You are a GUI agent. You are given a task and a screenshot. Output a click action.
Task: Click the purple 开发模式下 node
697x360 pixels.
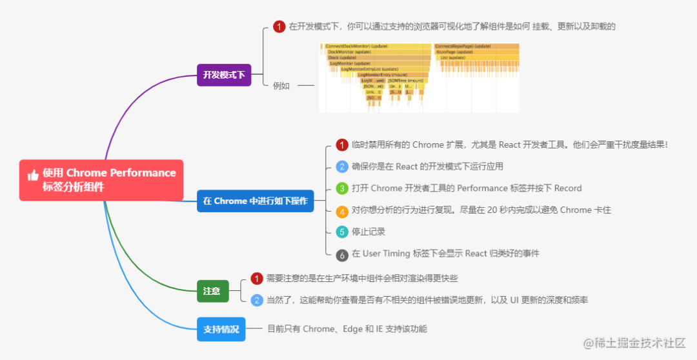tap(223, 75)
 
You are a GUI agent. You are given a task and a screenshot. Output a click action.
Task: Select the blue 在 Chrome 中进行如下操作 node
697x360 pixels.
tap(255, 201)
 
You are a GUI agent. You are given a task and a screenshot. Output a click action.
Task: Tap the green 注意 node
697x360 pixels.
tap(212, 291)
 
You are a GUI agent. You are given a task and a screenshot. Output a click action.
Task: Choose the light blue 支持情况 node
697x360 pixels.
tap(221, 329)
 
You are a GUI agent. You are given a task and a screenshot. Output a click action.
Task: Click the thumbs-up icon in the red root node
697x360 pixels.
tap(33, 175)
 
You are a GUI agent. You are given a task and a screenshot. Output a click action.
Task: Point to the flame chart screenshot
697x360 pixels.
tap(419, 77)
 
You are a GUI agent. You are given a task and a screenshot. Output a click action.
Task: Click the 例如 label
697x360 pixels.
tap(281, 85)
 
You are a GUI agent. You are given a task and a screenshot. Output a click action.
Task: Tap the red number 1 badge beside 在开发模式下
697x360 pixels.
tap(279, 26)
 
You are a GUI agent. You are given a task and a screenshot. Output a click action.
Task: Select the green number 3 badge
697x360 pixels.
tap(342, 188)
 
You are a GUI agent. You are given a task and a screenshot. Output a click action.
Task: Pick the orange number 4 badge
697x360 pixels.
tap(342, 210)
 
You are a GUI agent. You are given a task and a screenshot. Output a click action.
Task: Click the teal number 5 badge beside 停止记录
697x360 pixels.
tap(342, 232)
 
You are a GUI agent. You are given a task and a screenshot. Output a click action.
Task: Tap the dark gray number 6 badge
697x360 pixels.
tap(342, 254)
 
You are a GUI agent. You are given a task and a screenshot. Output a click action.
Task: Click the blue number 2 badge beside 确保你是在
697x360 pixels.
tap(342, 166)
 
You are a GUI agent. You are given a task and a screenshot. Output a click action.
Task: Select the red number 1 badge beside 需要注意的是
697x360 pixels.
tap(257, 278)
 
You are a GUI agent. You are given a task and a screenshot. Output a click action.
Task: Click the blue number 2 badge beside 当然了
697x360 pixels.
tap(257, 300)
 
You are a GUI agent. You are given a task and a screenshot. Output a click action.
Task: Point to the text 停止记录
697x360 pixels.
tap(369, 232)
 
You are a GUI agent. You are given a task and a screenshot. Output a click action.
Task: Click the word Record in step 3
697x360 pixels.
tap(568, 188)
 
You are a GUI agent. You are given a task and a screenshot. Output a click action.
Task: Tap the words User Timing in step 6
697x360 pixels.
tap(386, 254)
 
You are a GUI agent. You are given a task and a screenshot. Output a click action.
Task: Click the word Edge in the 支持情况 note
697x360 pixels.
tap(352, 329)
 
